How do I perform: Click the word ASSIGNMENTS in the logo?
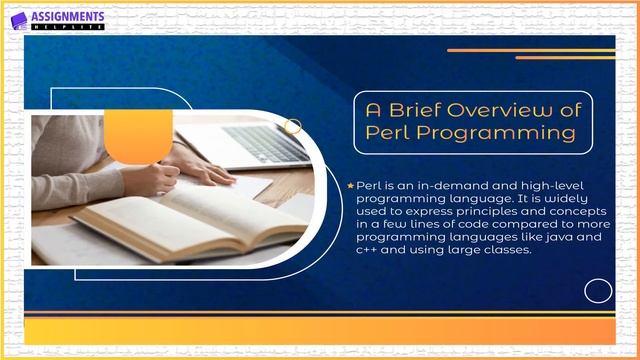[67, 17]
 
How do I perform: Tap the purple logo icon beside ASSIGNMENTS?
[17, 20]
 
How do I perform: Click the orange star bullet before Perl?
[349, 186]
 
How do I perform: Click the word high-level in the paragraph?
[532, 187]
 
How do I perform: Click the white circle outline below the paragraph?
[598, 291]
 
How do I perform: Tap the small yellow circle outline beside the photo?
[293, 126]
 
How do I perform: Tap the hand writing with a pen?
[160, 178]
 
